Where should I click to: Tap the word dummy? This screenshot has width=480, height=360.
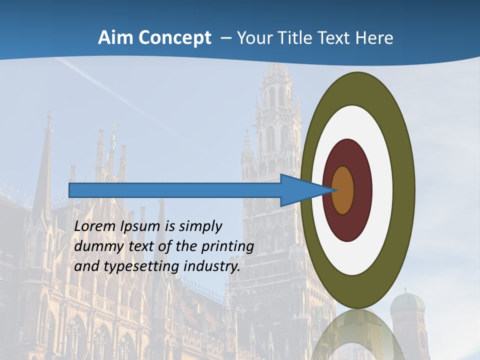(x=95, y=246)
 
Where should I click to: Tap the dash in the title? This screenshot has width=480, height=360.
(x=226, y=38)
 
